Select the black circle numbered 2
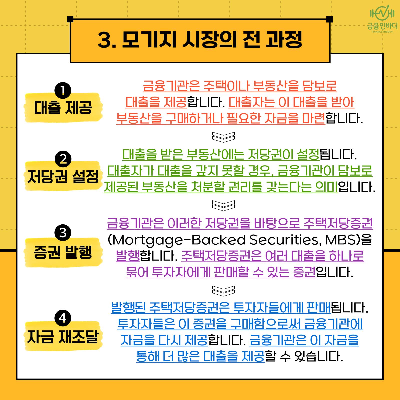tap(63, 159)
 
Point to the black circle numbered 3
tap(63, 233)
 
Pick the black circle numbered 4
tap(63, 318)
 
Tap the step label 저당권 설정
tap(63, 177)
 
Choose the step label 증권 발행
tap(63, 252)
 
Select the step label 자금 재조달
tap(63, 337)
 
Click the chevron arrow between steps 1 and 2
tap(223, 137)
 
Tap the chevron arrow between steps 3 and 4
tap(223, 290)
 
